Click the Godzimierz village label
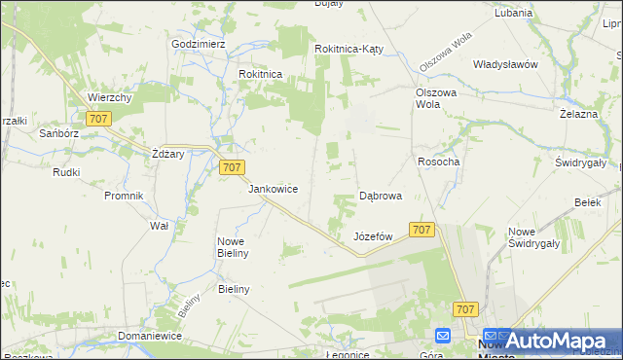[x=198, y=45]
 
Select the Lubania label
[x=513, y=14]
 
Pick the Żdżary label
[x=168, y=154]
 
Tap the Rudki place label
[x=66, y=172]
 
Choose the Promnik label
[x=124, y=196]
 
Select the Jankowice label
[x=273, y=189]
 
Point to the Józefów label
[x=373, y=236]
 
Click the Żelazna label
[x=577, y=114]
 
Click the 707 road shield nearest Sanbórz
[x=97, y=119]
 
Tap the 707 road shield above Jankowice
[x=231, y=167]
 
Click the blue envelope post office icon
[x=443, y=336]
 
